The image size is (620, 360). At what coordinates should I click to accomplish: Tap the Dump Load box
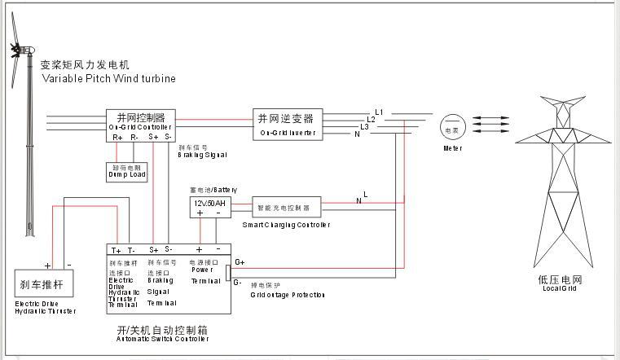[x=126, y=172]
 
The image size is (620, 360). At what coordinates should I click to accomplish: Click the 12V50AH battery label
[x=209, y=201]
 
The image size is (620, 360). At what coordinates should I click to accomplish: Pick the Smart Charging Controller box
[x=286, y=207]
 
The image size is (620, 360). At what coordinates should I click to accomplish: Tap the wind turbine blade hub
[x=15, y=50]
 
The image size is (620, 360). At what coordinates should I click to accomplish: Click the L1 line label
[x=379, y=112]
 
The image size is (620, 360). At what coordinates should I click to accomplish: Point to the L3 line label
[x=365, y=126]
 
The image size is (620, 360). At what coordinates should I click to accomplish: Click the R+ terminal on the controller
[x=118, y=137]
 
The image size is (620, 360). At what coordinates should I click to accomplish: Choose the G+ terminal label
[x=239, y=262]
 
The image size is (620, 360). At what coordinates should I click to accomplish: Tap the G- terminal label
[x=238, y=283]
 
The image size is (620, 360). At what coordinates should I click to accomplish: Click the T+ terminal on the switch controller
[x=116, y=250]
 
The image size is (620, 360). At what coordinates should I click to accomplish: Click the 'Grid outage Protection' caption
[x=288, y=294]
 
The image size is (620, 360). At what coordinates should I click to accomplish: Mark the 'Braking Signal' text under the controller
[x=201, y=154]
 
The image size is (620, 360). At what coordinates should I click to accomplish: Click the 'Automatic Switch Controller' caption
[x=162, y=338]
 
